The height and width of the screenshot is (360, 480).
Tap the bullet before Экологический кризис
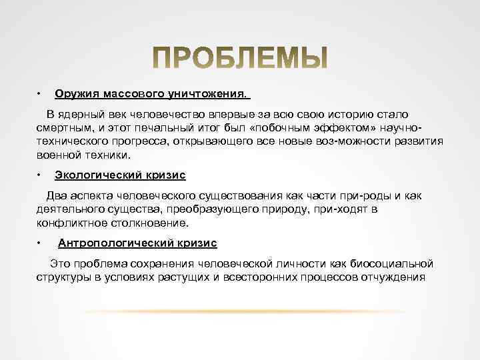pyautogui.click(x=40, y=175)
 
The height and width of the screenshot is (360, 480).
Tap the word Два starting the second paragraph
pyautogui.click(x=56, y=196)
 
